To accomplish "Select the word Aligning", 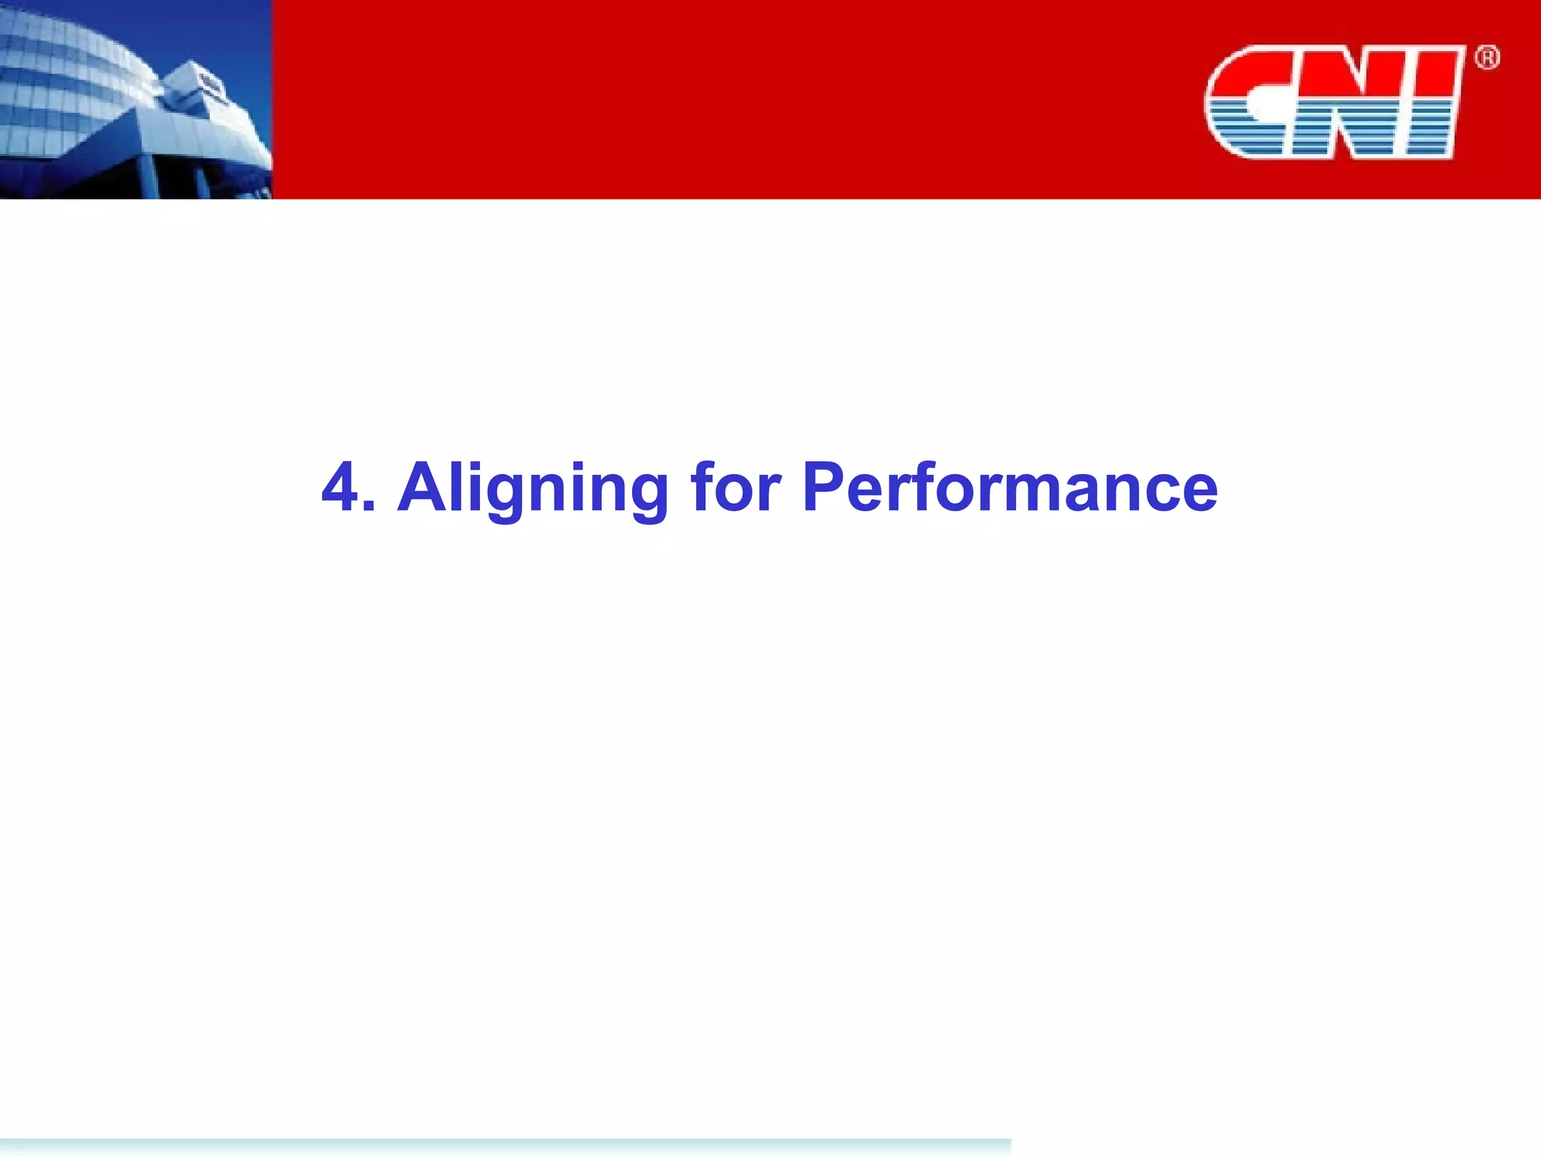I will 533,489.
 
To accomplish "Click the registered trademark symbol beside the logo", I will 1487,58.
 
